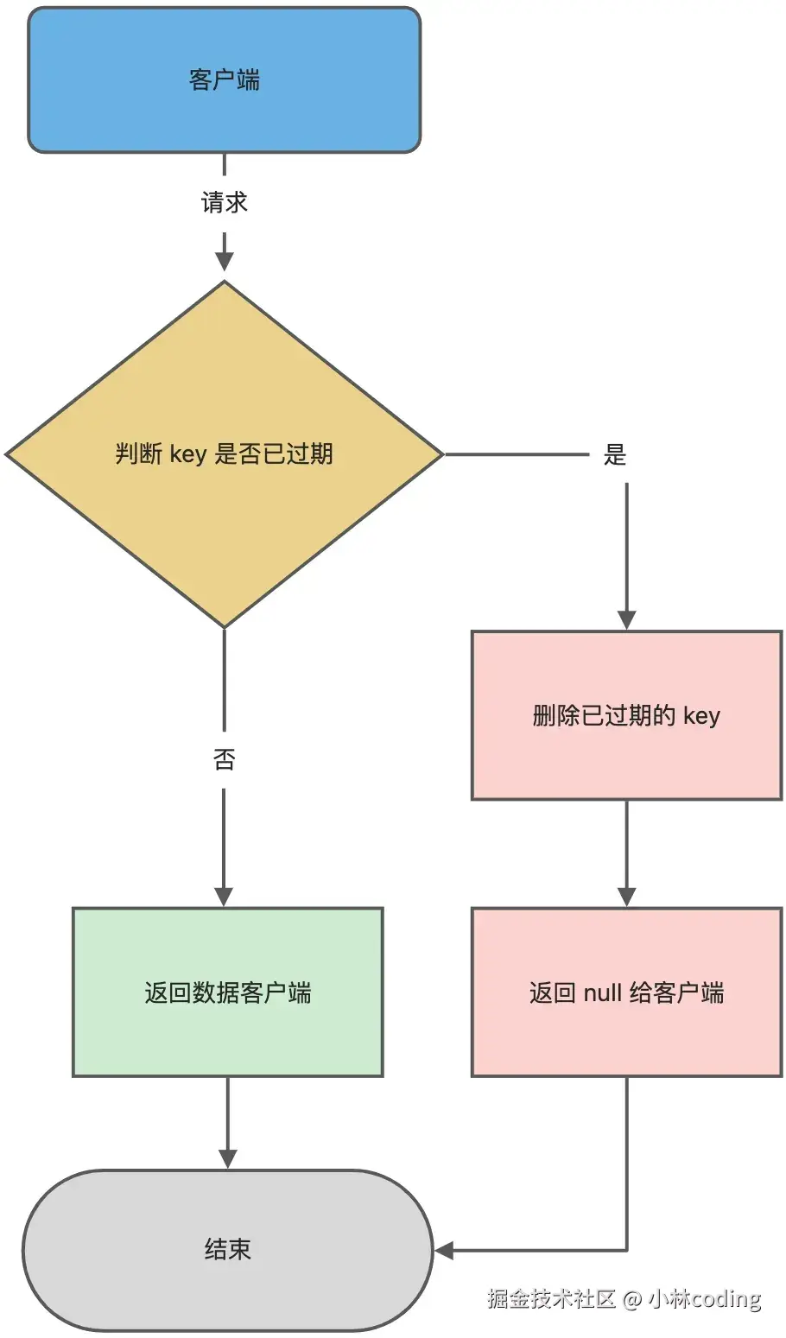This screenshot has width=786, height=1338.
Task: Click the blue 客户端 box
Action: tap(224, 80)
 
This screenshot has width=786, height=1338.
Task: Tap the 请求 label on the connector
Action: tap(224, 203)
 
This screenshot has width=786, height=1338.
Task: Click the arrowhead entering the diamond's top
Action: tap(224, 262)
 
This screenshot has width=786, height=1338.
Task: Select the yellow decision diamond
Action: tap(224, 518)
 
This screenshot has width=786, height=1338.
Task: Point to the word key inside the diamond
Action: tap(187, 454)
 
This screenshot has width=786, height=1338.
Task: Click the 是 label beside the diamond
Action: tap(614, 454)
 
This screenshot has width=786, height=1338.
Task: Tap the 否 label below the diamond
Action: tap(224, 759)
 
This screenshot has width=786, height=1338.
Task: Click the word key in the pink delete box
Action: tap(701, 716)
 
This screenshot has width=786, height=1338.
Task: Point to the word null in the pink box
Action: tap(602, 992)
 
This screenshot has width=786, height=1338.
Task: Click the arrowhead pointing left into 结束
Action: tap(444, 1250)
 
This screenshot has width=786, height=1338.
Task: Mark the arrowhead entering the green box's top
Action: tap(224, 897)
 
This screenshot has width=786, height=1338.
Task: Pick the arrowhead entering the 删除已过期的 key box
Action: tap(626, 619)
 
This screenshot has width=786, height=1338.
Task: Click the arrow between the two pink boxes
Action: tap(626, 851)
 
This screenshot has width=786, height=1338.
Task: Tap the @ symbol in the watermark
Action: tap(632, 1299)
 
